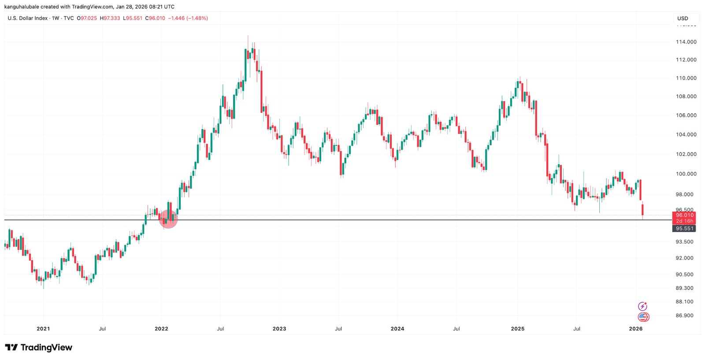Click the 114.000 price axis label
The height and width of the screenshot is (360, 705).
click(x=686, y=42)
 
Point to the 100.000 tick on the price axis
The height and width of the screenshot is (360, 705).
click(x=686, y=174)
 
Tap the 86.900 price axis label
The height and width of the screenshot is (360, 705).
click(x=684, y=315)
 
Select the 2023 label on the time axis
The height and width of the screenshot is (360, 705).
click(x=279, y=329)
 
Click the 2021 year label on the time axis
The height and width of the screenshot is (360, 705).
click(x=43, y=329)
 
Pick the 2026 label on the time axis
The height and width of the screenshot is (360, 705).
click(x=635, y=329)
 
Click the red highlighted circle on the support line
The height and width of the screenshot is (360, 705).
click(x=168, y=219)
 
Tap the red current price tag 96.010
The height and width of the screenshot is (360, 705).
click(x=684, y=215)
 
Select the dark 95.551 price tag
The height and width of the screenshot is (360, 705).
click(x=684, y=228)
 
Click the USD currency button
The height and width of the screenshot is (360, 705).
click(x=683, y=19)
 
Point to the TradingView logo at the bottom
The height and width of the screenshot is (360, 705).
click(x=39, y=348)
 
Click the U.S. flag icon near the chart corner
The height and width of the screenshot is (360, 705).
click(x=643, y=317)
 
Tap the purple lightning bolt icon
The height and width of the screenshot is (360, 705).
click(x=642, y=306)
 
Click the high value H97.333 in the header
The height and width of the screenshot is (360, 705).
click(x=110, y=19)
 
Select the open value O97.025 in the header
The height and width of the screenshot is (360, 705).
click(x=87, y=19)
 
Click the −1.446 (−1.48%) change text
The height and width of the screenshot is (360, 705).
click(x=188, y=19)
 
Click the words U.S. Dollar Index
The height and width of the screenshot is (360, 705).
click(x=27, y=19)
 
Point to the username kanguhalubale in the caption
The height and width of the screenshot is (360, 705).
click(x=22, y=7)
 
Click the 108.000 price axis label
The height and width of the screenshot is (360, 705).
click(x=686, y=96)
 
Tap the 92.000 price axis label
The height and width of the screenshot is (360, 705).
click(x=684, y=258)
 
